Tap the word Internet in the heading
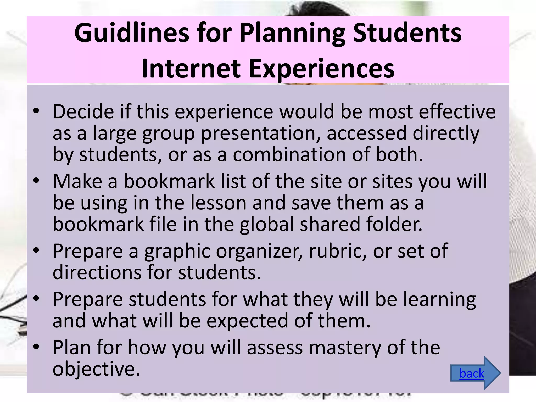191,69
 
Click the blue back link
472,373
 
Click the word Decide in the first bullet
83,112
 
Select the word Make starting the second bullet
77,181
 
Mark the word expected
247,321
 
